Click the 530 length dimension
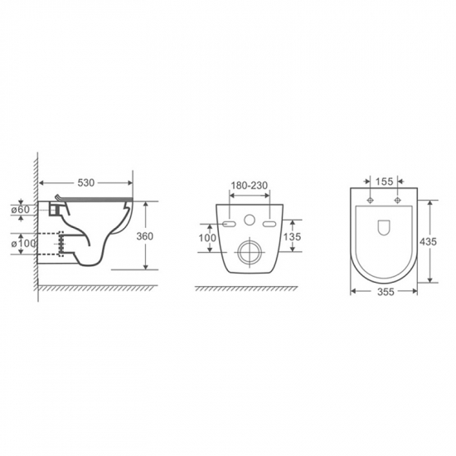click(86, 182)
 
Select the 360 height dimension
click(144, 236)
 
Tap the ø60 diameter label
click(21, 210)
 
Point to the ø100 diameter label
click(23, 244)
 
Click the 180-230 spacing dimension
click(249, 185)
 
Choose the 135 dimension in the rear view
click(292, 237)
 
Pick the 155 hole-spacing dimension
click(384, 182)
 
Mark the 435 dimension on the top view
click(428, 241)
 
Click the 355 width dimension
click(386, 292)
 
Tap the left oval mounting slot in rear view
click(229, 224)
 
